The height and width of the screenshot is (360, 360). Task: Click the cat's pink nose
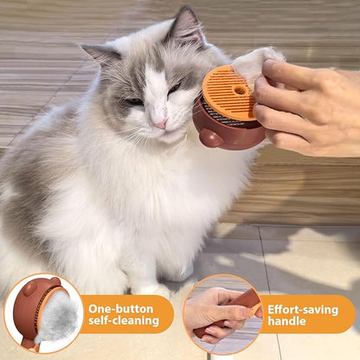[x=161, y=124]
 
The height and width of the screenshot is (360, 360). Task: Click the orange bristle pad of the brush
[x=229, y=92]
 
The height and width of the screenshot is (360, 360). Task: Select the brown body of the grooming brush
[x=227, y=130]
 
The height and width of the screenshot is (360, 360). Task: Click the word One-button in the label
[x=122, y=308]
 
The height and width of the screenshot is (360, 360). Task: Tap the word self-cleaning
[x=123, y=322]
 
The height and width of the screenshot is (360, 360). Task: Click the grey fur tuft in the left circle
[x=60, y=316]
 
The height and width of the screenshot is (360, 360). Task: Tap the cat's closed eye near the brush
[x=176, y=87]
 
